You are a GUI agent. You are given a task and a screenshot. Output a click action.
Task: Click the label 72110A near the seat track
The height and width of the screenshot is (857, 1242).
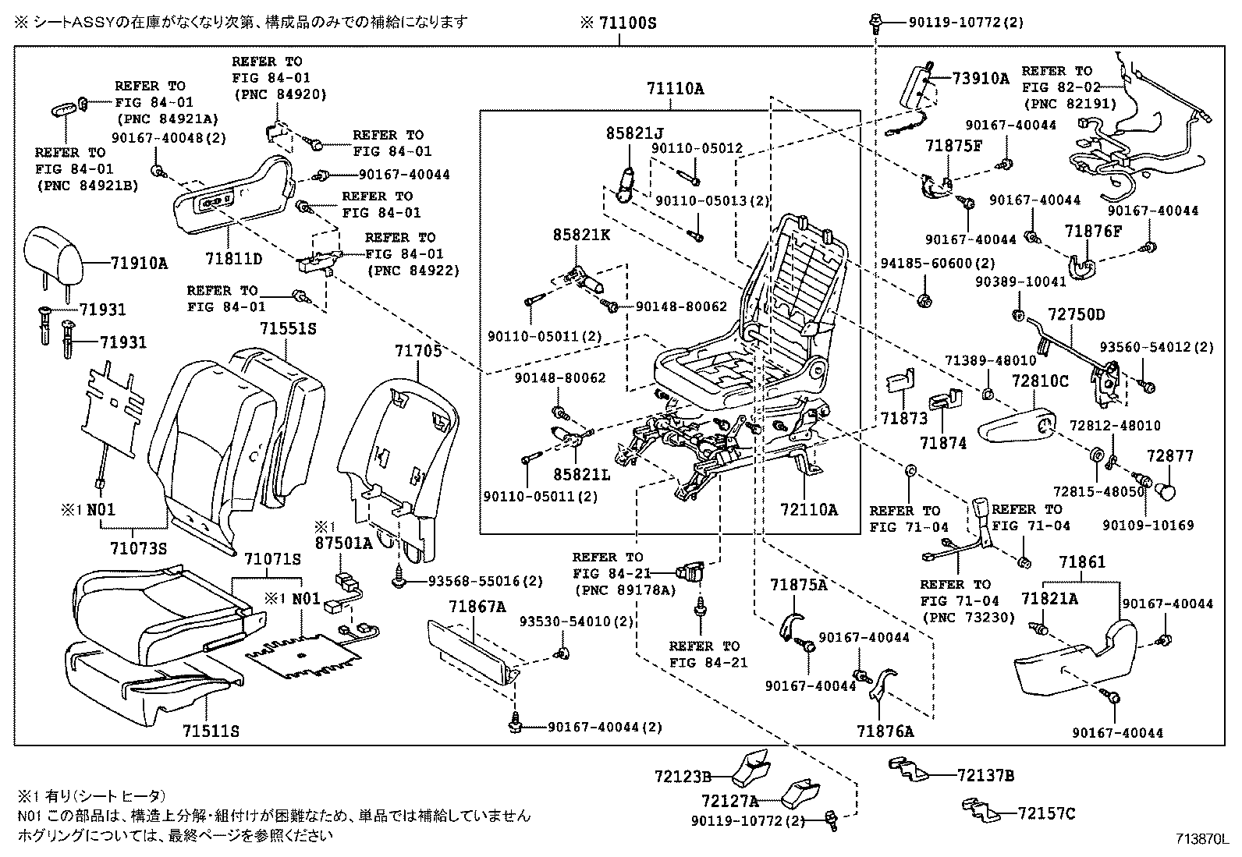click(808, 510)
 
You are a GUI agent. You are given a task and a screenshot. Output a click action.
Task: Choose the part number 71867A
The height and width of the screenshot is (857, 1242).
click(477, 606)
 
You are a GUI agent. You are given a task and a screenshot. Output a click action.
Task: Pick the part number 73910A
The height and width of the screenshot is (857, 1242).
click(980, 78)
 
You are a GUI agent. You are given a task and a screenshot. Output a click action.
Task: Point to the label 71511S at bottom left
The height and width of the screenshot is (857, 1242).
click(211, 731)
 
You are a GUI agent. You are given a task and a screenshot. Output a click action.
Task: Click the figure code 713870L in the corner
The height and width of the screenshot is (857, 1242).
click(1202, 840)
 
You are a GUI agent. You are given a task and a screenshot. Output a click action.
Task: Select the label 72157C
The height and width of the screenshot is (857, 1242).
click(1046, 813)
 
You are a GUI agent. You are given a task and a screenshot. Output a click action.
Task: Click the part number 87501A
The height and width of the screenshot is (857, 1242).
click(343, 543)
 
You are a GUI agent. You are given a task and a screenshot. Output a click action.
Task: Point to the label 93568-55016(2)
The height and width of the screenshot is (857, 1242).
click(485, 582)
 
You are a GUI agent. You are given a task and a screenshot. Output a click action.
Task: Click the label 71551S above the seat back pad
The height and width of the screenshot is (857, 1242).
click(288, 328)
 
